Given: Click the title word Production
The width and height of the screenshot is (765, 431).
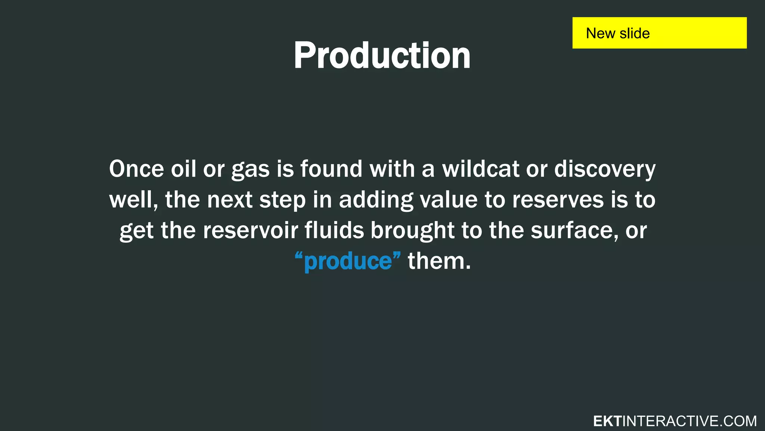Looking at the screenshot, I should click(382, 56).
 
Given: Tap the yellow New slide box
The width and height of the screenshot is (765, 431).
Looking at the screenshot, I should click(659, 33).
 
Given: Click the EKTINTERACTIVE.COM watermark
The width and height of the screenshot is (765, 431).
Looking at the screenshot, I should click(675, 421).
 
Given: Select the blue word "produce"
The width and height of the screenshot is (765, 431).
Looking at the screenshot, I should click(348, 261).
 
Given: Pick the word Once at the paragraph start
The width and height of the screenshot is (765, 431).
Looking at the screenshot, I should click(136, 169).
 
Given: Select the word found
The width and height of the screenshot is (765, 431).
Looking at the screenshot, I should click(331, 169).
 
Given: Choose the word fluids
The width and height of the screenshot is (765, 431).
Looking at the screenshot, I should click(334, 230).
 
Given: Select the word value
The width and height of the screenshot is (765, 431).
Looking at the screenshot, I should click(448, 200).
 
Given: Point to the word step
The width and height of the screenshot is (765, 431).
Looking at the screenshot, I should click(282, 201).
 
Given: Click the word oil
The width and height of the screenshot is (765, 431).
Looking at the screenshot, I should click(183, 169).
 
